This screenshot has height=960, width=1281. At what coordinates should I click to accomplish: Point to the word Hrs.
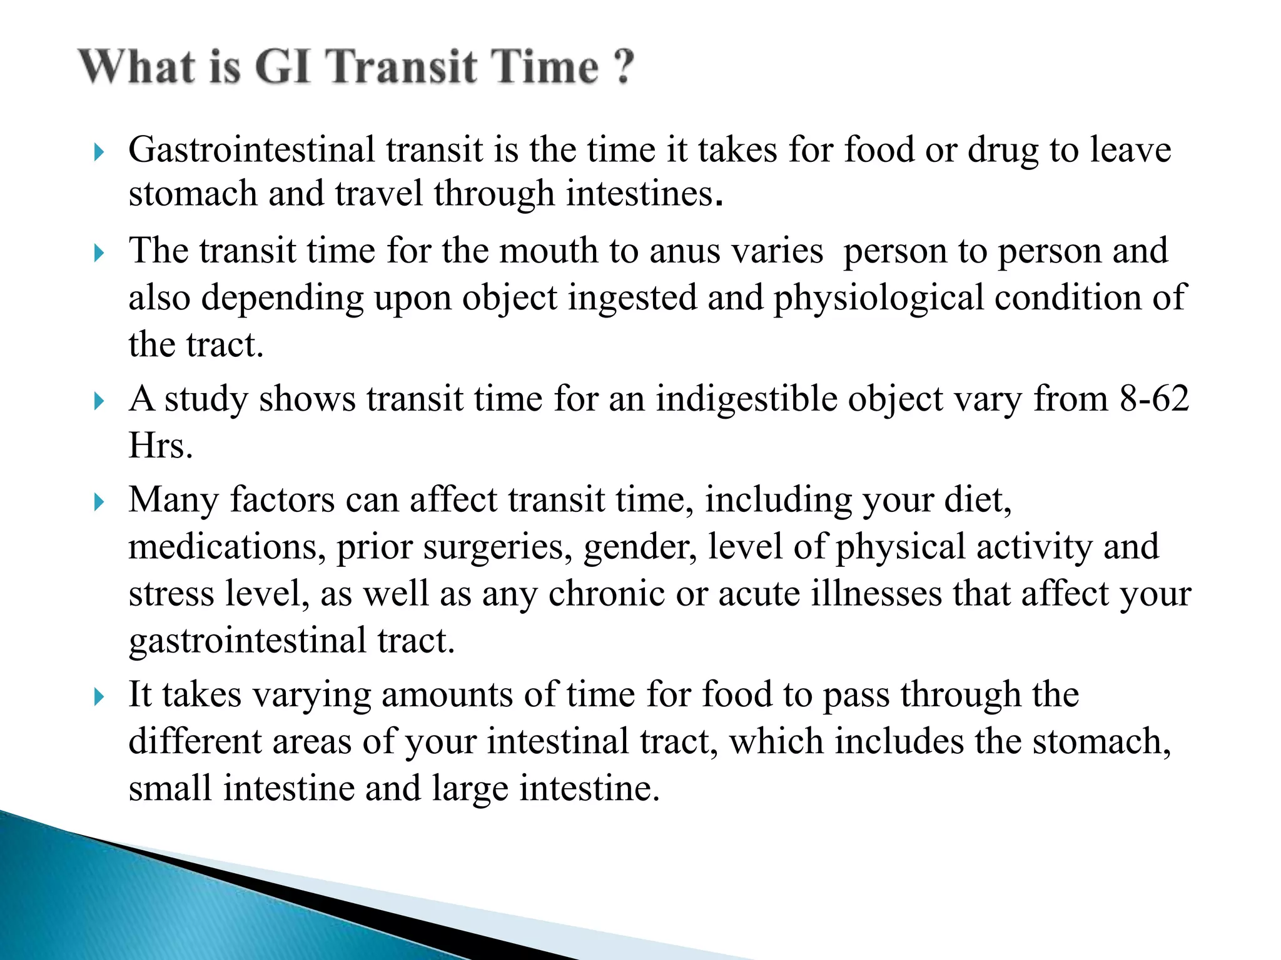[160, 446]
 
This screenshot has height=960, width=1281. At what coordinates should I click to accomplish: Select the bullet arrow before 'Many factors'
[99, 502]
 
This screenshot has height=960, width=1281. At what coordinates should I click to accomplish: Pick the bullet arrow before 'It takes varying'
[99, 696]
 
